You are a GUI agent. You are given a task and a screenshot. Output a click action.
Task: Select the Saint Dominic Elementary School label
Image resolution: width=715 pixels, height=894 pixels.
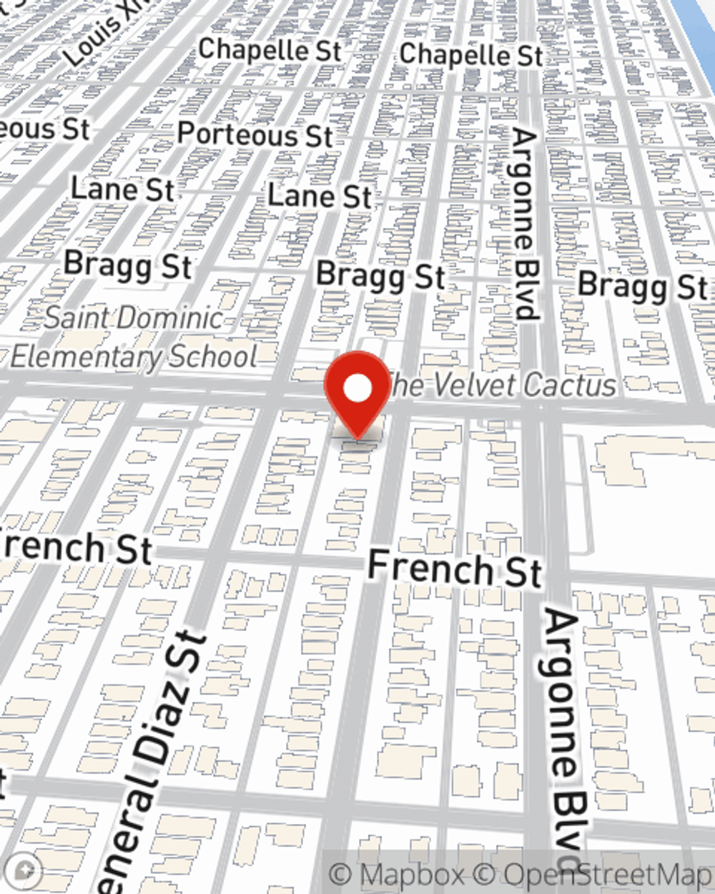point(134,338)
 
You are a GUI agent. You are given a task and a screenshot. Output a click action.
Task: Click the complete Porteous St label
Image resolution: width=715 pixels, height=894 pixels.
point(255,134)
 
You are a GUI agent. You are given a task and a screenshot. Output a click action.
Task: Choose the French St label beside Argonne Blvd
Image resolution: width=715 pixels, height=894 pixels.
point(454,568)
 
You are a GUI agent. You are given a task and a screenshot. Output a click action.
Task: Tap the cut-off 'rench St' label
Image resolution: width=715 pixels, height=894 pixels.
point(75,547)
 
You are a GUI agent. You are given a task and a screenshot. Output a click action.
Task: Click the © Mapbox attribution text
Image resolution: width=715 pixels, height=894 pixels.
point(398,875)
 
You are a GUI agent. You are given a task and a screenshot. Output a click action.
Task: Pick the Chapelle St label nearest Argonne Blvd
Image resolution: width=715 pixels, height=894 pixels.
point(470,54)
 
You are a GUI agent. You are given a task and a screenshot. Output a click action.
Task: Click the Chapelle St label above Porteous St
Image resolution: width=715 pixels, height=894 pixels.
point(270,49)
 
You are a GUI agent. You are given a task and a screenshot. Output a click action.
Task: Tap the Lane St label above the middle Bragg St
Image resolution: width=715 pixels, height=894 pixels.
point(320,195)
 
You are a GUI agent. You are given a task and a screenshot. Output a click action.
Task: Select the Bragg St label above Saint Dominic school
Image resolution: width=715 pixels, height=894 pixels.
point(128,265)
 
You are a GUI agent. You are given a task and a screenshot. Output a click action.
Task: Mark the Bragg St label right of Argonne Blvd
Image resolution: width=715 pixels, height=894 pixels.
point(642,285)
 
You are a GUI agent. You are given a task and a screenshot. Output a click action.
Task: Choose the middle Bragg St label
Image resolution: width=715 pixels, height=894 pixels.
point(380,276)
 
